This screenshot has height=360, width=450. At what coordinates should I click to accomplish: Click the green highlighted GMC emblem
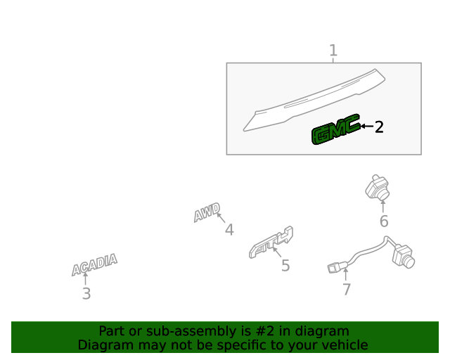tap(336, 129)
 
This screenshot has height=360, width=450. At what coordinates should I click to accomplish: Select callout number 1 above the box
tap(333, 51)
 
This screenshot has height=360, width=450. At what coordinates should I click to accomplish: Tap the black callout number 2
tap(379, 127)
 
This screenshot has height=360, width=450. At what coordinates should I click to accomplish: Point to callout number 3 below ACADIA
tap(86, 294)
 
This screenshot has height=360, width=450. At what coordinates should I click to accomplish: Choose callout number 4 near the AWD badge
tap(229, 230)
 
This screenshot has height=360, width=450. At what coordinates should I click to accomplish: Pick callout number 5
tap(285, 266)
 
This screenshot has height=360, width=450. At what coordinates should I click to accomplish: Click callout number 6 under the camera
tap(384, 221)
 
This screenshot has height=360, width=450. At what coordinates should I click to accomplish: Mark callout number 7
tap(347, 290)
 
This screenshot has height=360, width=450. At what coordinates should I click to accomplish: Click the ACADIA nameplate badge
tap(94, 264)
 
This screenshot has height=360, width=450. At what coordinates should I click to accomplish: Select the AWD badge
tap(207, 212)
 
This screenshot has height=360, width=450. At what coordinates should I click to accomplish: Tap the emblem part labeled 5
tap(271, 243)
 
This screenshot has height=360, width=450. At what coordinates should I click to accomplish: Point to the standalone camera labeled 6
tap(378, 187)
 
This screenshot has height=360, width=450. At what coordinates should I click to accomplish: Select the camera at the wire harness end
tap(403, 256)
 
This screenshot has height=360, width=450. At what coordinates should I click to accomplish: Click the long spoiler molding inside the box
tap(314, 100)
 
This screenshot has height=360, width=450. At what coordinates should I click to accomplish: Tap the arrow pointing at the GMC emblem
tap(367, 126)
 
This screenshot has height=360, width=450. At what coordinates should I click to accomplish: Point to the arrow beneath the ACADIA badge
tap(85, 278)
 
